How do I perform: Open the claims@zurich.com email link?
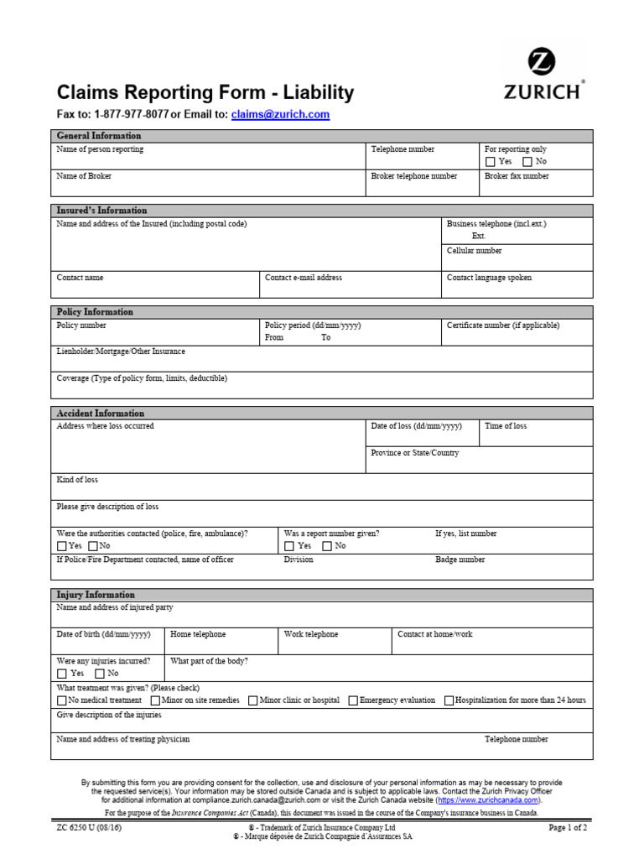coord(280,115)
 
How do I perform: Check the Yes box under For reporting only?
coord(491,162)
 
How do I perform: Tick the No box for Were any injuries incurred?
coord(100,674)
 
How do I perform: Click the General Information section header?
coord(99,136)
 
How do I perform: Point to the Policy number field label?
coord(81,325)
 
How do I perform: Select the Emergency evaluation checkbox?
coord(353,700)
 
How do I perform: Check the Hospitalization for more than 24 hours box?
coord(449,700)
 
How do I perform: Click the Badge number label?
coord(460,560)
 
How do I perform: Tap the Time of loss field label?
coord(506,426)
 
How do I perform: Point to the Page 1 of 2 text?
coord(568,827)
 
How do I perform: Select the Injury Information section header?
coord(95,595)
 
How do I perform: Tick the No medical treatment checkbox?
coord(62,700)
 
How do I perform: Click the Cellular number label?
coord(475,251)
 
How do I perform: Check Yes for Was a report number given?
coord(289,546)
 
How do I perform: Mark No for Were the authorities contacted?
coord(93,546)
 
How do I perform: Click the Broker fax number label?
coord(517,176)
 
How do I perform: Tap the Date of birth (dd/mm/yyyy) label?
coord(103,634)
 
